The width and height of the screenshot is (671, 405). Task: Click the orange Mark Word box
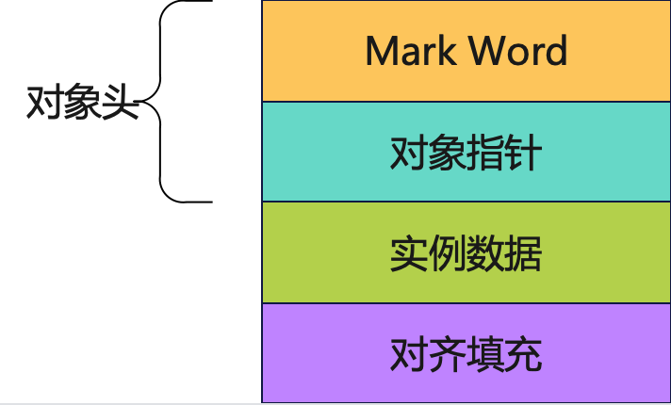click(x=466, y=51)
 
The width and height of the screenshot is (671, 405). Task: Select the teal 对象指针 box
click(x=466, y=152)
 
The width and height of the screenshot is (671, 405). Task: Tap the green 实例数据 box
click(x=466, y=252)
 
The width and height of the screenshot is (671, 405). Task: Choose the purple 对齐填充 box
click(x=466, y=353)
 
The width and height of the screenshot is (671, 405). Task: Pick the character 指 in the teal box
click(x=485, y=153)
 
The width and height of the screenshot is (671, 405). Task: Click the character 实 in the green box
click(x=409, y=253)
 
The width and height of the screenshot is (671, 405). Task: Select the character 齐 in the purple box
click(x=447, y=354)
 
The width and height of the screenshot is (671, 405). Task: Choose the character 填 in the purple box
click(x=485, y=354)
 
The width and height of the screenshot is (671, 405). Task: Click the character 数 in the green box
click(x=485, y=253)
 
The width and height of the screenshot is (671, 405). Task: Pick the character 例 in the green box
click(x=447, y=253)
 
